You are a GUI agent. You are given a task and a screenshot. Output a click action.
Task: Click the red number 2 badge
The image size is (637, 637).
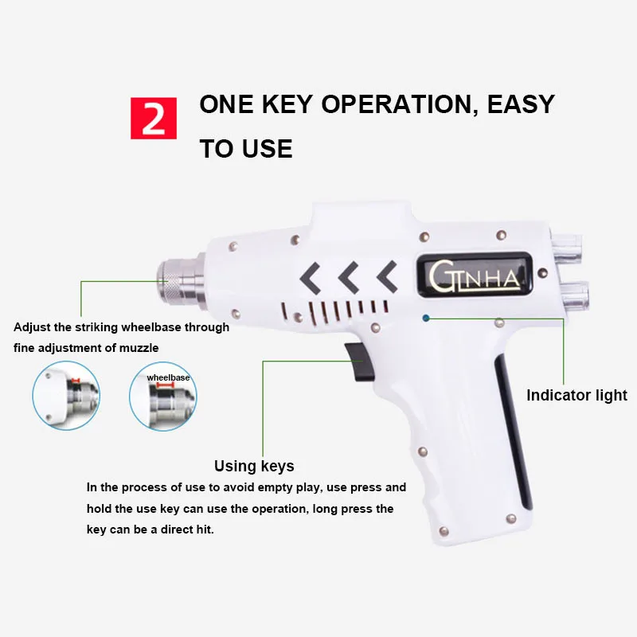(154, 118)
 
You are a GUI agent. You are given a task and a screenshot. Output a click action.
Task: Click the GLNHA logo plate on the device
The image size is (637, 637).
(475, 275)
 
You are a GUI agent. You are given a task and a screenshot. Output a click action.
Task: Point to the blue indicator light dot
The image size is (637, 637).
(426, 318)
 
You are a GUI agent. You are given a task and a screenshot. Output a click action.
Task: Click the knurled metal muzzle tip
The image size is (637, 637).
(169, 280)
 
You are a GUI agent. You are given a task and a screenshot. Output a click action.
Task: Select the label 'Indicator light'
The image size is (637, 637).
(576, 395)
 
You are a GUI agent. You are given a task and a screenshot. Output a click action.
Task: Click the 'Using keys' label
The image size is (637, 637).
(254, 466)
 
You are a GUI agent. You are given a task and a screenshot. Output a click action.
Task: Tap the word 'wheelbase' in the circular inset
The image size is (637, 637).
(168, 377)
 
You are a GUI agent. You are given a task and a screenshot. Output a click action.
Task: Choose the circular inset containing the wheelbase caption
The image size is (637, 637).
(163, 396)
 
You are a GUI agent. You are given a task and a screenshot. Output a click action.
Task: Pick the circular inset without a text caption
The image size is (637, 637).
(66, 395)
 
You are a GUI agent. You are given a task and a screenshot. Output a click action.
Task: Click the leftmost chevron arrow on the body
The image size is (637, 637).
(311, 278)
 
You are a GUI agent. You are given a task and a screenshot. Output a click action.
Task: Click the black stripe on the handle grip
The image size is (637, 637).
(513, 431)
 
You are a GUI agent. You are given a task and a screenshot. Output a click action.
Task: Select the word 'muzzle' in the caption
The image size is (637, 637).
(139, 348)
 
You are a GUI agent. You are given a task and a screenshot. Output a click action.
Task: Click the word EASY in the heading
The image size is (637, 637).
(521, 104)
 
